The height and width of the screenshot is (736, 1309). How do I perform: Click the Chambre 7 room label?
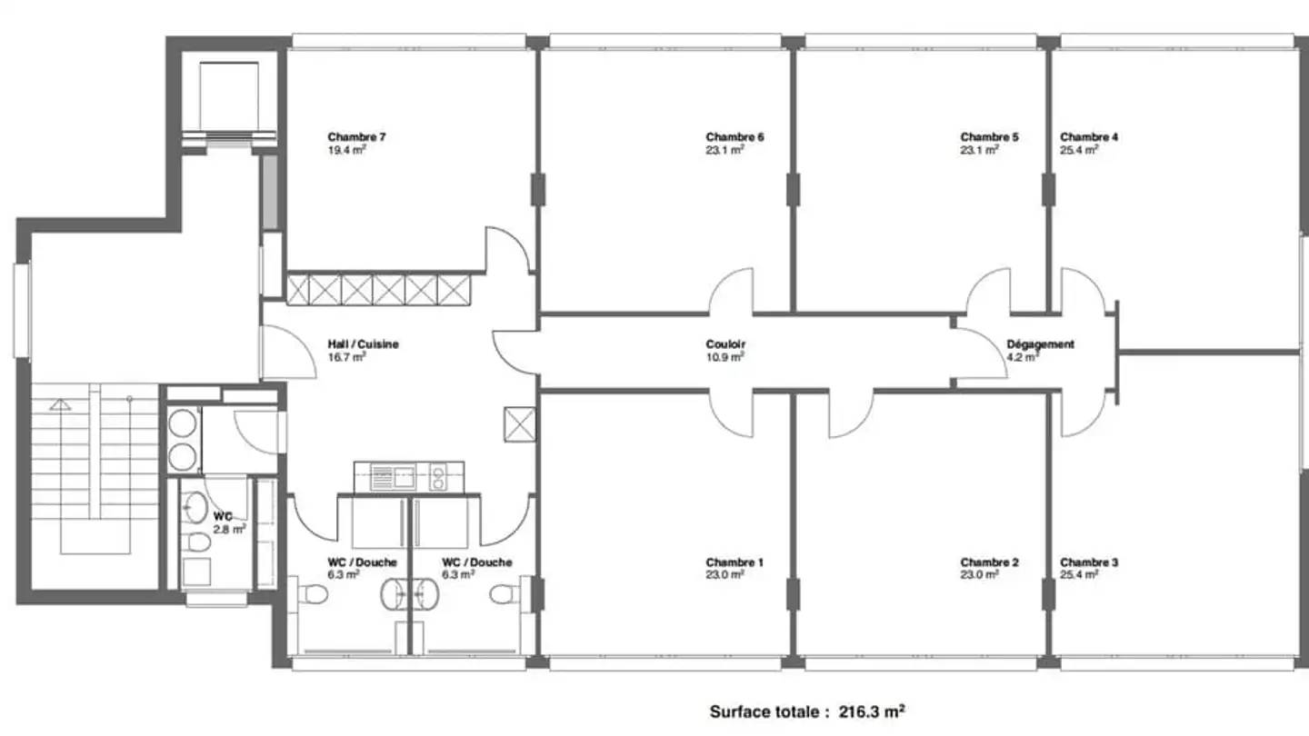coord(356,137)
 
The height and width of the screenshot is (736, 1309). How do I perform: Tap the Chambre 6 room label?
coord(734,137)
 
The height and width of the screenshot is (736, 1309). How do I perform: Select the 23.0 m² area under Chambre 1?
coord(724,575)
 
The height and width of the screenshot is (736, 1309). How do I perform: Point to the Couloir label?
coord(725,344)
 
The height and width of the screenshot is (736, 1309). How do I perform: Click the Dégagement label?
coord(1040,344)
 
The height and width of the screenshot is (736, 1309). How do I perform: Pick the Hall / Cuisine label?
coord(363,344)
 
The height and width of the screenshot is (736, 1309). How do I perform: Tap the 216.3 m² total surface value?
coord(872,711)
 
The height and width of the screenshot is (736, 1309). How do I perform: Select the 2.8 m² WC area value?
coord(229,530)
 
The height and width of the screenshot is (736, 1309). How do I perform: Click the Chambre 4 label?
coord(1089,137)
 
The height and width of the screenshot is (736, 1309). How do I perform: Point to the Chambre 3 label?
coord(1089,562)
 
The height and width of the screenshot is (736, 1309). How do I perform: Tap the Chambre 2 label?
coord(989,562)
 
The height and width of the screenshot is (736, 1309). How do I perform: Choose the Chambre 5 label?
coord(989,137)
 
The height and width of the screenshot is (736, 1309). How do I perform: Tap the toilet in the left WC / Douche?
coord(313,595)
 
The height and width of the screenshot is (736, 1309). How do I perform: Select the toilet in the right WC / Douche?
coord(505,595)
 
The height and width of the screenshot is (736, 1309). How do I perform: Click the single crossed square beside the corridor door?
coord(520,424)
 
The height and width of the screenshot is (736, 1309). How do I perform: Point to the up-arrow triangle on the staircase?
coord(59,404)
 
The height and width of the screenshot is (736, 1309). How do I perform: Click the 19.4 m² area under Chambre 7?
coord(346,150)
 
